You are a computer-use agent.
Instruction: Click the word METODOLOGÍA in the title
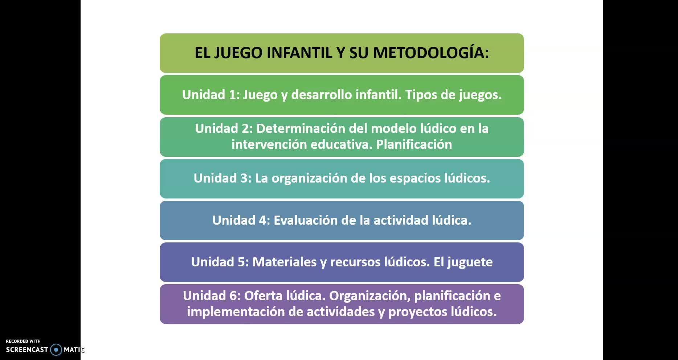[x=431, y=52]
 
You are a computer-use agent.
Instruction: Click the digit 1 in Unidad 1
[x=233, y=94]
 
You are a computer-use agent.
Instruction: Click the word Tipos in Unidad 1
[x=421, y=95]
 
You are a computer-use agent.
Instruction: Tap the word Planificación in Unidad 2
[x=414, y=144]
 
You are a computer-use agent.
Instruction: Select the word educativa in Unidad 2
[x=342, y=144]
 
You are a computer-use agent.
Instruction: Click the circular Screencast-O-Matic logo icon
[x=56, y=350]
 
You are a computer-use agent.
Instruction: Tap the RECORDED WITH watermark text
[x=23, y=341]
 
